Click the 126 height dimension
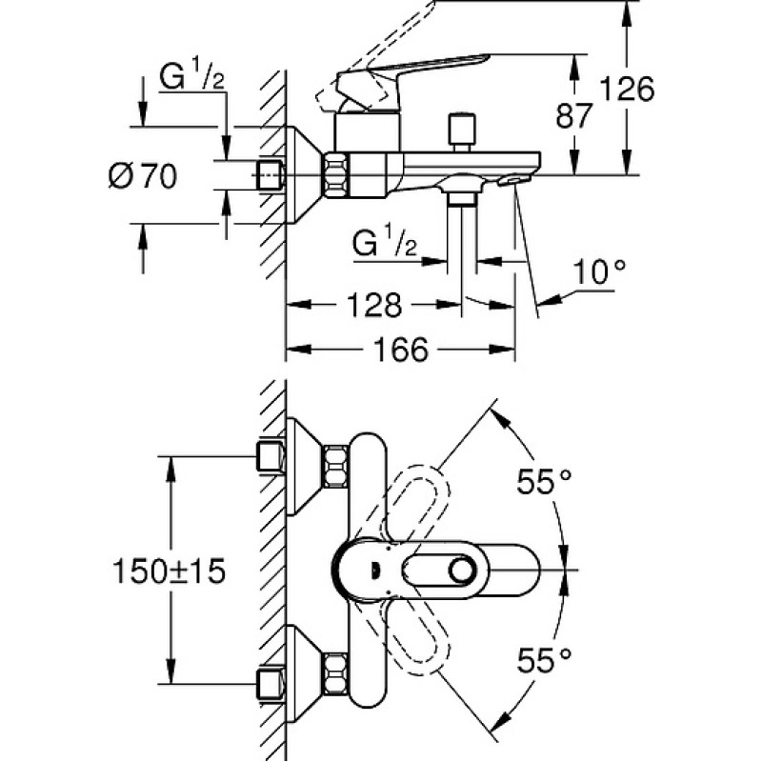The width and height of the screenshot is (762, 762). pyautogui.click(x=627, y=90)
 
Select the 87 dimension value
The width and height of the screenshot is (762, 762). pyautogui.click(x=574, y=116)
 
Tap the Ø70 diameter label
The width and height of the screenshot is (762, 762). pyautogui.click(x=143, y=176)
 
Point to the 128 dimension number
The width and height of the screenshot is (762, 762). pyautogui.click(x=374, y=305)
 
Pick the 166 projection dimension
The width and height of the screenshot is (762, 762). pyautogui.click(x=400, y=349)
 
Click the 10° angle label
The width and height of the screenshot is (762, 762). pyautogui.click(x=599, y=272)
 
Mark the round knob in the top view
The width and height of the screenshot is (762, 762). pyautogui.click(x=462, y=570)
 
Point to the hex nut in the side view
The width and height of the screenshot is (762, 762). pyautogui.click(x=336, y=175)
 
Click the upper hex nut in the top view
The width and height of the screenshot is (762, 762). pyautogui.click(x=336, y=466)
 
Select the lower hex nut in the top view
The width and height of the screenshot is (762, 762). pyautogui.click(x=336, y=673)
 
